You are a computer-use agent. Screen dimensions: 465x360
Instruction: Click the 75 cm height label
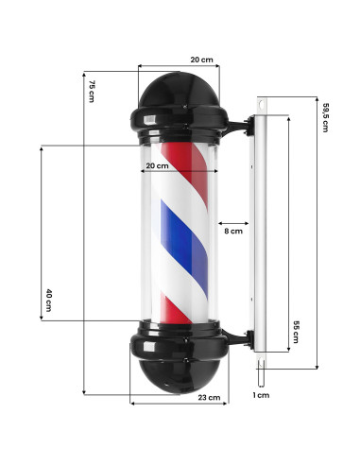[93, 93]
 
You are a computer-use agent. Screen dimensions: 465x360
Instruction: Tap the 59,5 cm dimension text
[323, 116]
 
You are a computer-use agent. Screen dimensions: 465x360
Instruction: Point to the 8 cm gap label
[232, 231]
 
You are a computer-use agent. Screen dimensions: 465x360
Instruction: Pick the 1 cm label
[262, 395]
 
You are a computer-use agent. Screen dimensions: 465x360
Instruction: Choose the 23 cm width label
[210, 398]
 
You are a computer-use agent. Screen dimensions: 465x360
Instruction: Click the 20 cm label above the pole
[201, 60]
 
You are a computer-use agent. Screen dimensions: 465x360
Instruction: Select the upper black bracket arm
[238, 123]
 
